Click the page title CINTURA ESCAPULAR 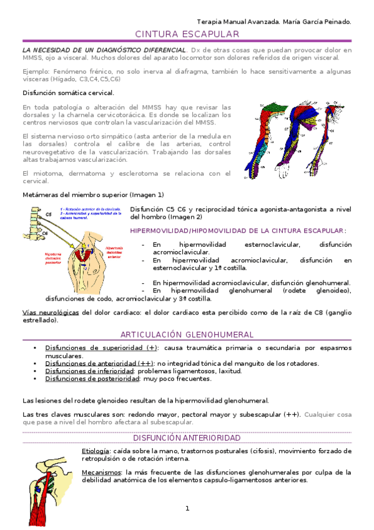[x=187, y=34]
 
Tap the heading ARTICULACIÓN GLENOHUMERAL [x=187, y=335]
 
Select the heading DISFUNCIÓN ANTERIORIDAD [x=187, y=439]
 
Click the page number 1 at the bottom [x=187, y=509]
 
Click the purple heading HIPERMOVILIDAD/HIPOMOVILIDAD [x=237, y=230]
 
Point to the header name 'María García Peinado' [x=317, y=21]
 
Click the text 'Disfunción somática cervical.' [x=68, y=92]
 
